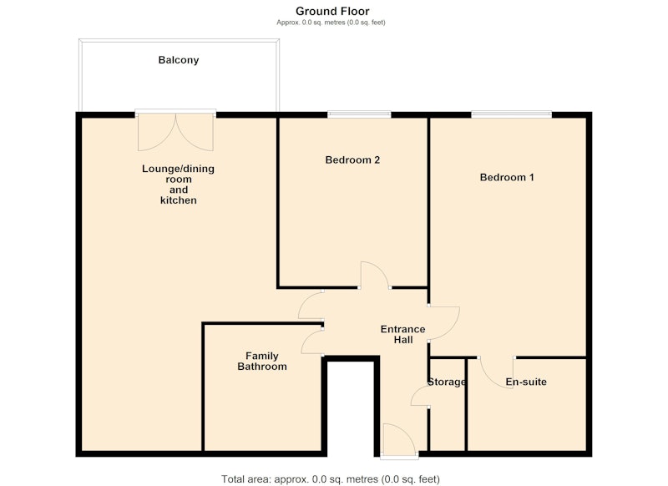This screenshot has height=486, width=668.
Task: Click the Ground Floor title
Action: coord(332,11)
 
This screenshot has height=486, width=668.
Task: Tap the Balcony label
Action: coord(179,60)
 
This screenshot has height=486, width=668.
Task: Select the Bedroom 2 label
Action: coord(352,160)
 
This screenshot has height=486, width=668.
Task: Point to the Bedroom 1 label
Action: coord(507,177)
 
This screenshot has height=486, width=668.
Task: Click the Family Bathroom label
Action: coord(262,362)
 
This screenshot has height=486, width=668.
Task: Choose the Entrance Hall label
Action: coord(403,334)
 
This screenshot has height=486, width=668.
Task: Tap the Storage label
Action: coord(447,382)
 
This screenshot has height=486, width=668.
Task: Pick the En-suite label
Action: coord(526,382)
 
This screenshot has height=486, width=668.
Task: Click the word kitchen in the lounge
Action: coord(179,200)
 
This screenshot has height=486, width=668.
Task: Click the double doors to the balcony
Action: coord(175,132)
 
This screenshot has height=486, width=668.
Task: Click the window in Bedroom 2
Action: coord(359,114)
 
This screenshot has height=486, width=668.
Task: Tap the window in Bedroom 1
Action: coord(511,114)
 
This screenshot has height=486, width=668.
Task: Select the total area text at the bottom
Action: coord(331,479)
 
